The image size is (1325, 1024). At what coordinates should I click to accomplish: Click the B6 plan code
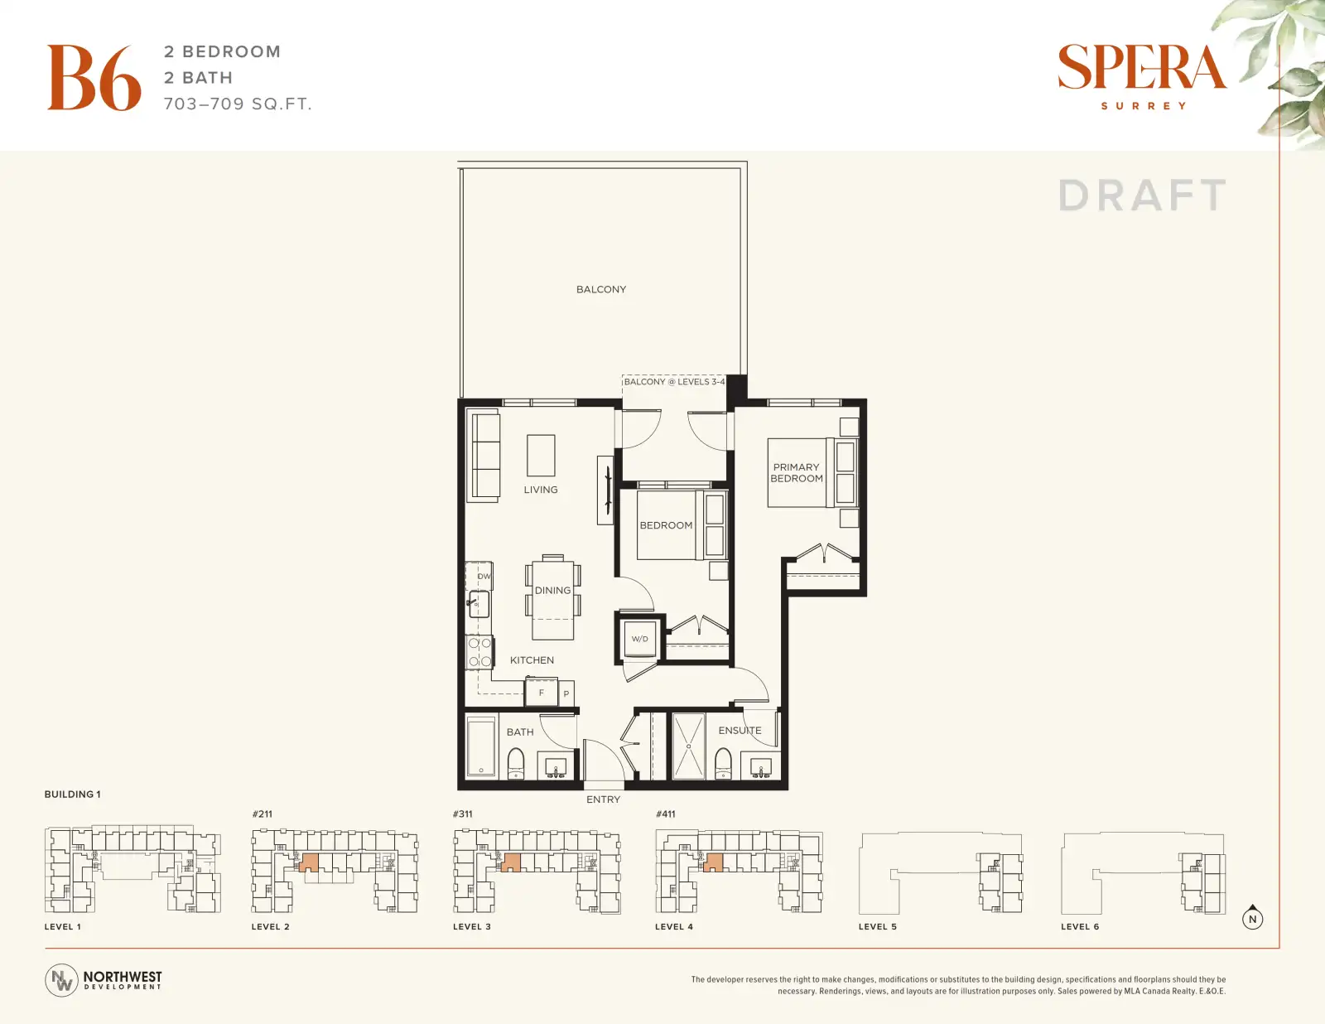[x=94, y=77]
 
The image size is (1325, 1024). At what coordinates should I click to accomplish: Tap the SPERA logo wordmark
[x=1142, y=66]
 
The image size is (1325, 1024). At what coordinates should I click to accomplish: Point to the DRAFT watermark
[x=1142, y=196]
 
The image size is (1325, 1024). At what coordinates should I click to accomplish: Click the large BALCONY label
[x=601, y=289]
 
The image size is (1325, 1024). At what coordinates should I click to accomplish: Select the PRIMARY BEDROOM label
[x=797, y=473]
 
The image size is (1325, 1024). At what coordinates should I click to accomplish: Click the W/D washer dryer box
[x=639, y=639]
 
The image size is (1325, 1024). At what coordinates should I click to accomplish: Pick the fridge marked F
[x=541, y=693]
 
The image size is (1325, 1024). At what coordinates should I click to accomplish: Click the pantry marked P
[x=566, y=693]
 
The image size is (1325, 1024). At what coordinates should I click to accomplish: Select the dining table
[x=552, y=597]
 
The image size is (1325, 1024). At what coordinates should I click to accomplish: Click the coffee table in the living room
[x=541, y=455]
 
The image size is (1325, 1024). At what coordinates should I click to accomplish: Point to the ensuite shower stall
[x=688, y=746]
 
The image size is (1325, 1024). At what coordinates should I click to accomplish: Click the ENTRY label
[x=603, y=799]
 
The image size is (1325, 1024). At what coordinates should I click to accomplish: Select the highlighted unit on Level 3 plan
[x=510, y=862]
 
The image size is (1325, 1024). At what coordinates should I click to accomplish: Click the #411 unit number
[x=665, y=814]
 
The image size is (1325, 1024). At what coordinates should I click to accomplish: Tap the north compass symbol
[x=1252, y=917]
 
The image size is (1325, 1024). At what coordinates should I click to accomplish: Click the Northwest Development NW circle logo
[x=61, y=980]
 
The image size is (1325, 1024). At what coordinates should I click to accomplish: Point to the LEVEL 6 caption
[x=1080, y=926]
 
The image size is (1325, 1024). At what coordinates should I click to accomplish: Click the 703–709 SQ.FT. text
[x=238, y=104]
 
